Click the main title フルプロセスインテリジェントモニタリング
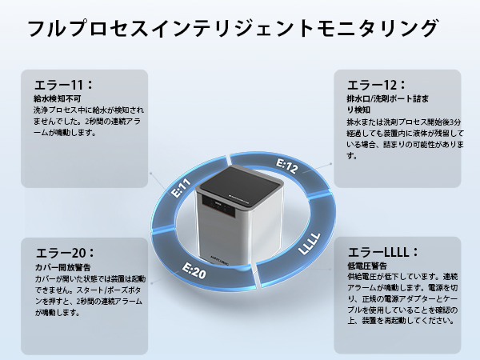(x=233, y=29)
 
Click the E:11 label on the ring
(x=181, y=190)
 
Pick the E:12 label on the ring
(x=287, y=166)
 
